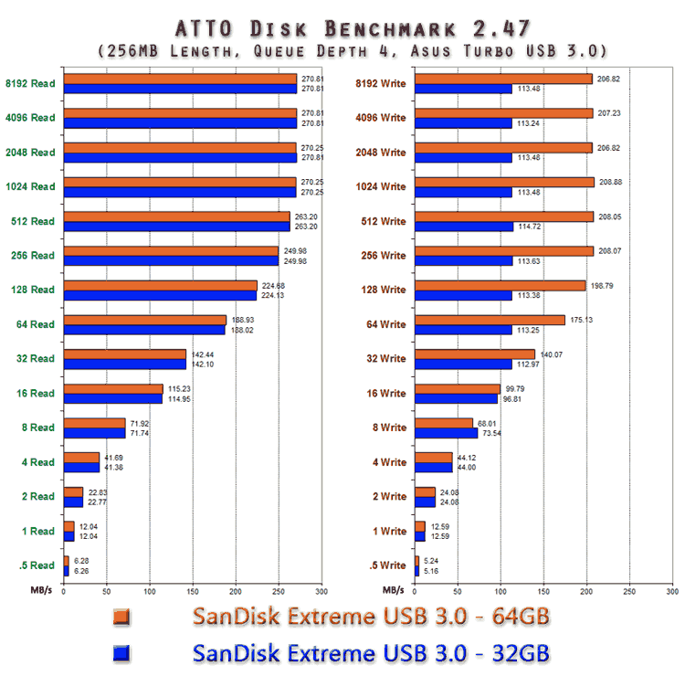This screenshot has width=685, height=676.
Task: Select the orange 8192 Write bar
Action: pyautogui.click(x=503, y=79)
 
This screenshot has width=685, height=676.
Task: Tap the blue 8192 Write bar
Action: pyautogui.click(x=463, y=89)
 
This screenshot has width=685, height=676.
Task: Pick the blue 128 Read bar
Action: pyautogui.click(x=160, y=295)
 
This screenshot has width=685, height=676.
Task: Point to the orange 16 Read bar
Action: pyautogui.click(x=112, y=388)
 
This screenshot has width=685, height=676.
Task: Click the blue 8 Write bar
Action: pyautogui.click(x=446, y=433)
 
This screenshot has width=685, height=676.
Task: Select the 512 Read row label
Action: pyautogui.click(x=31, y=221)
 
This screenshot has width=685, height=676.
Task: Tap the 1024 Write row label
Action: pyautogui.click(x=380, y=186)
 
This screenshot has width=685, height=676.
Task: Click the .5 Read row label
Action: pyautogui.click(x=35, y=565)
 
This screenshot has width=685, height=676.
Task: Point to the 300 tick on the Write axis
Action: pyautogui.click(x=671, y=591)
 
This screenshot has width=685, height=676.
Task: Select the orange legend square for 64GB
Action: pyautogui.click(x=119, y=618)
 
